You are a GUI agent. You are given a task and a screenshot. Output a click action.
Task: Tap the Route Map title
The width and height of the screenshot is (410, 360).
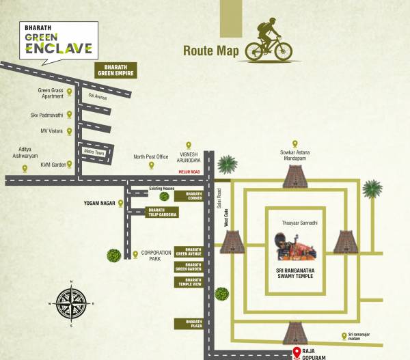pyautogui.click(x=210, y=51)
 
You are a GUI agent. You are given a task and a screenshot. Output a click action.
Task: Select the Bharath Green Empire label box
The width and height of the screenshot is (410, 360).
pyautogui.click(x=115, y=70)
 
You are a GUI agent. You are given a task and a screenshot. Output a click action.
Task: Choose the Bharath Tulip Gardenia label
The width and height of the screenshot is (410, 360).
pyautogui.click(x=163, y=212)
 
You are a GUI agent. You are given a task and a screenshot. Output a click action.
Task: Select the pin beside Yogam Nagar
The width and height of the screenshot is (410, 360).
pyautogui.click(x=121, y=203)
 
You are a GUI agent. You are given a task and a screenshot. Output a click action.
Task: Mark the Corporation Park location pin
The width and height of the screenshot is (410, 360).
pyautogui.click(x=135, y=255)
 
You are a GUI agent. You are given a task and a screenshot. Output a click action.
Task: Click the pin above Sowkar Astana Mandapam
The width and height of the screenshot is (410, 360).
pyautogui.click(x=295, y=143)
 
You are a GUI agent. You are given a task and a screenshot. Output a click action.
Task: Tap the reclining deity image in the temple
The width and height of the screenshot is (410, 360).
pyautogui.click(x=295, y=247)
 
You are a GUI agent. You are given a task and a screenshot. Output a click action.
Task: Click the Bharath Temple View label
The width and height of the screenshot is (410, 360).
pyautogui.click(x=189, y=281)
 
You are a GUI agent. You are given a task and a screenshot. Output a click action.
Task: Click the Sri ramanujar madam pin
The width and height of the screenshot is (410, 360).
pyautogui.click(x=344, y=335)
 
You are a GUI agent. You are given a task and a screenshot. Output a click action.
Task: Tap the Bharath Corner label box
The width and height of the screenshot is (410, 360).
pyautogui.click(x=189, y=197)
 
